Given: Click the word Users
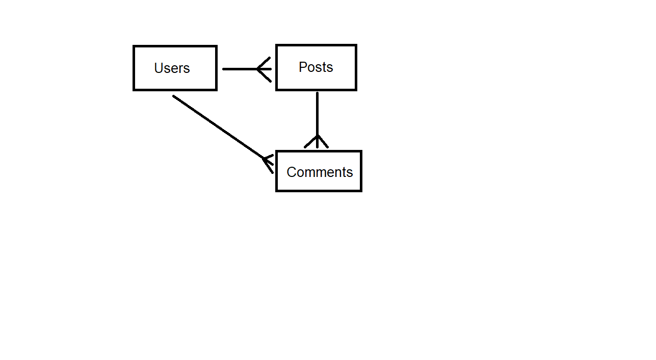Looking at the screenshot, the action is pyautogui.click(x=172, y=68).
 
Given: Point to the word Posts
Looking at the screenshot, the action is pyautogui.click(x=316, y=67).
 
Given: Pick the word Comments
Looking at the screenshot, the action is pyautogui.click(x=320, y=172).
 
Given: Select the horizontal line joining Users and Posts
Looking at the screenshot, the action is pyautogui.click(x=247, y=69).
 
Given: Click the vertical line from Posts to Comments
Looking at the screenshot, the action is pyautogui.click(x=317, y=120).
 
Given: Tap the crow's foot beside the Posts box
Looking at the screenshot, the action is pyautogui.click(x=264, y=69).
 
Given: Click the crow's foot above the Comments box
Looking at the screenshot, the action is pyautogui.click(x=317, y=141).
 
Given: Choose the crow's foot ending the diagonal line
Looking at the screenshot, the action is pyautogui.click(x=268, y=164).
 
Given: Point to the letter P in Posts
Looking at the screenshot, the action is pyautogui.click(x=303, y=67).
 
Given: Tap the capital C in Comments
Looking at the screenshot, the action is pyautogui.click(x=292, y=172).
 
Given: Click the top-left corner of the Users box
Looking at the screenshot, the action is pyautogui.click(x=134, y=46).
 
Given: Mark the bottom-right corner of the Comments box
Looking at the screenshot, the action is pyautogui.click(x=361, y=191).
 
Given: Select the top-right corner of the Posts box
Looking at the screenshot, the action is pyautogui.click(x=356, y=45).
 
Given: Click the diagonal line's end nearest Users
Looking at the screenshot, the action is pyautogui.click(x=173, y=96).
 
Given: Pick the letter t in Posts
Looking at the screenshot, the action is pyautogui.click(x=324, y=67).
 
